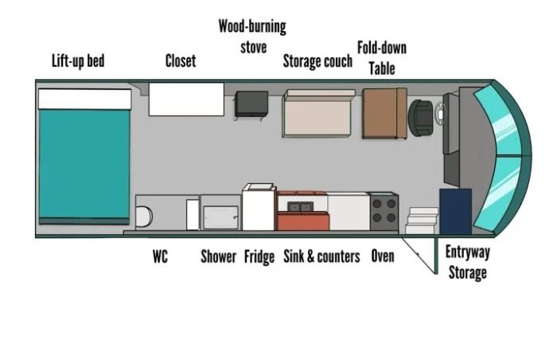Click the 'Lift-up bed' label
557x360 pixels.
pyautogui.click(x=78, y=61)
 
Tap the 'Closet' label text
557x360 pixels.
pyautogui.click(x=181, y=61)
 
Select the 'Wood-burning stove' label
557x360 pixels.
pyautogui.click(x=252, y=37)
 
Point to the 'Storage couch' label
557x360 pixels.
pyautogui.click(x=317, y=61)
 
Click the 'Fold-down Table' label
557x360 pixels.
pyautogui.click(x=382, y=58)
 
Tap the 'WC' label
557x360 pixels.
pyautogui.click(x=160, y=256)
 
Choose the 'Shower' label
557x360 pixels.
pyautogui.click(x=218, y=256)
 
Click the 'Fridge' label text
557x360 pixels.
pyautogui.click(x=259, y=256)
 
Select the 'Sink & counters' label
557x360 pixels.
pyautogui.click(x=321, y=256)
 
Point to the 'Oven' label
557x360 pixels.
pyautogui.click(x=383, y=256)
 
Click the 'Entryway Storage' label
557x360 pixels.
pyautogui.click(x=468, y=263)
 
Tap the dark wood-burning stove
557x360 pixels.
pyautogui.click(x=251, y=104)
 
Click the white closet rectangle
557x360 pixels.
pyautogui.click(x=186, y=100)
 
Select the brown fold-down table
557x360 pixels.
pyautogui.click(x=384, y=113)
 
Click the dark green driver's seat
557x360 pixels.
pyautogui.click(x=421, y=118)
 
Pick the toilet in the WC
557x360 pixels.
pyautogui.click(x=144, y=217)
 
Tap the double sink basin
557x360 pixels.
pyautogui.click(x=301, y=206)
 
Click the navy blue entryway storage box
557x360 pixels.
pyautogui.click(x=455, y=211)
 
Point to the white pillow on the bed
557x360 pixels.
pyautogui.click(x=85, y=99)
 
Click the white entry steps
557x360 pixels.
pyautogui.click(x=422, y=221)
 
